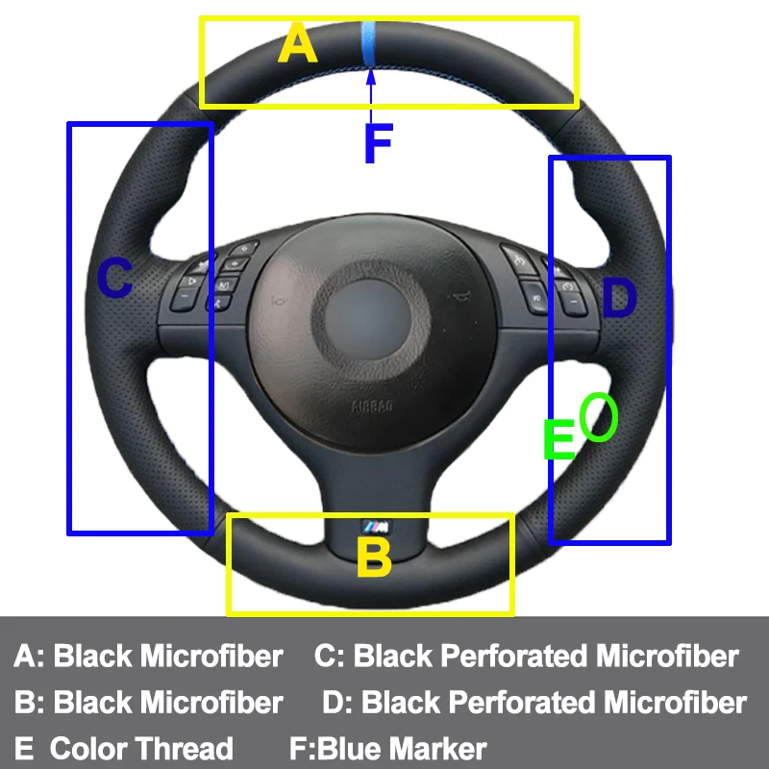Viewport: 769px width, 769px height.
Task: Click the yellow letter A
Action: (297, 44)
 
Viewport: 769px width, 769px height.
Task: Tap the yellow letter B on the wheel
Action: (374, 558)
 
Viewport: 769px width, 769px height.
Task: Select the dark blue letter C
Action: (115, 280)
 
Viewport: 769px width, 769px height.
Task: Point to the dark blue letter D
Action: (619, 299)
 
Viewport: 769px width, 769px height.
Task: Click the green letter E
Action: (558, 439)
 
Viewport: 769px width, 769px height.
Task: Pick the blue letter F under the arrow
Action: (378, 144)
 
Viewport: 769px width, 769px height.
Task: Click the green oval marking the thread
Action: (598, 416)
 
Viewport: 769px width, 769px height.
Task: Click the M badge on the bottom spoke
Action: (375, 525)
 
